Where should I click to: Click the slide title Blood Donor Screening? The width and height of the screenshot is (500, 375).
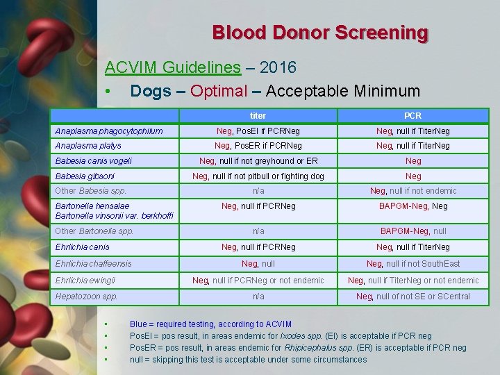tap(320, 33)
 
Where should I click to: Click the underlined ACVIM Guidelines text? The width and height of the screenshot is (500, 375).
tap(172, 67)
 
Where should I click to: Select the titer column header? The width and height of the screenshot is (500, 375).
tap(258, 115)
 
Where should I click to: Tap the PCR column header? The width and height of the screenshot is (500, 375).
tap(412, 115)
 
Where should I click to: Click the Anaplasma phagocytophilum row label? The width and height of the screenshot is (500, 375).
tap(109, 131)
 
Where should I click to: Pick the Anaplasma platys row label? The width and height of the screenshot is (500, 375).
tap(88, 146)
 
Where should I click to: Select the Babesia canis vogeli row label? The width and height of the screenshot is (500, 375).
tap(93, 161)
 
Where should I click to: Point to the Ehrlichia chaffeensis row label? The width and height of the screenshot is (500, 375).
tap(93, 264)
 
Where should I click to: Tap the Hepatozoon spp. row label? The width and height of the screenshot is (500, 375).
tap(86, 297)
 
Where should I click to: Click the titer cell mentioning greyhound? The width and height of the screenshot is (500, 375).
tap(258, 161)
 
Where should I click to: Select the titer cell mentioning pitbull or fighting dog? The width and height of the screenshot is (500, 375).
tap(258, 176)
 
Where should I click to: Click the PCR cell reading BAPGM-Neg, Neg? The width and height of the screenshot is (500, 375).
tap(412, 206)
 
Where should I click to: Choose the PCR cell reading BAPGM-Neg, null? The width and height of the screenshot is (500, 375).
tap(412, 231)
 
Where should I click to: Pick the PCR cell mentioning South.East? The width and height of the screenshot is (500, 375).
tap(412, 264)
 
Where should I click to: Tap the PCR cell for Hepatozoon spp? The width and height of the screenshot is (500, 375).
tap(412, 297)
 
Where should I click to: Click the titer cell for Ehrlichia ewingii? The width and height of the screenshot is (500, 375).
tap(258, 281)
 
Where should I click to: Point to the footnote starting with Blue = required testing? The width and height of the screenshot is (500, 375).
tap(210, 324)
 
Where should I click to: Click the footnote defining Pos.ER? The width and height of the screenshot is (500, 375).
tap(298, 348)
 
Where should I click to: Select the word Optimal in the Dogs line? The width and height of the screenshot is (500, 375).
tap(219, 91)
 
